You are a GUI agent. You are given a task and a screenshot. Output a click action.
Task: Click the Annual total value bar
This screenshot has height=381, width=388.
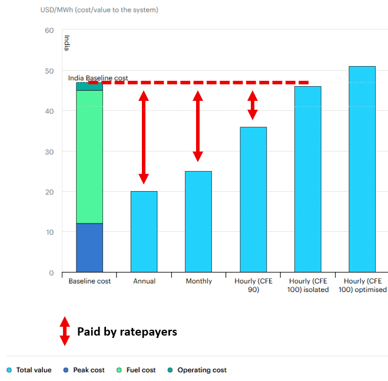(x=144, y=231)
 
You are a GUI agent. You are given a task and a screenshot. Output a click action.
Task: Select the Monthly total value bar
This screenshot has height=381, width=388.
(x=198, y=222)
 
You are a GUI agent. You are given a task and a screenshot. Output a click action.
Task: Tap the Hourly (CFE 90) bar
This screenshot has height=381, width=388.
(x=253, y=199)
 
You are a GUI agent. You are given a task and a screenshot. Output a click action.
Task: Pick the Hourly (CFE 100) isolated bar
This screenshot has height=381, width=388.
(x=308, y=179)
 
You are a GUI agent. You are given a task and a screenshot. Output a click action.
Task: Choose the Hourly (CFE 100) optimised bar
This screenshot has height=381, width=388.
(x=362, y=169)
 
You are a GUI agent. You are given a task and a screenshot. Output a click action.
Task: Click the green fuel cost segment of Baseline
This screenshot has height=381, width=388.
(x=89, y=156)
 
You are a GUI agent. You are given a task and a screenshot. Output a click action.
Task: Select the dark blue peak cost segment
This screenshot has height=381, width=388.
(x=89, y=248)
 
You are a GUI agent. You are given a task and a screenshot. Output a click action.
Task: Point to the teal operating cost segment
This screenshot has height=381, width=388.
(x=89, y=87)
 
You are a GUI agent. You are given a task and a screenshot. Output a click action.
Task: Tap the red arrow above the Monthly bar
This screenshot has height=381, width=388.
(x=198, y=126)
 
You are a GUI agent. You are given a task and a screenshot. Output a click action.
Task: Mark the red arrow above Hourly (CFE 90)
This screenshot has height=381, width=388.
(x=253, y=106)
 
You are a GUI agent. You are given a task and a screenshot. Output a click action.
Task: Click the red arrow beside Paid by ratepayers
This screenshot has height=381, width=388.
(x=64, y=331)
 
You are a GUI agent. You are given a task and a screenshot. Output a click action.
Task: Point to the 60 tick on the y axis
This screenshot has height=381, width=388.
(x=49, y=31)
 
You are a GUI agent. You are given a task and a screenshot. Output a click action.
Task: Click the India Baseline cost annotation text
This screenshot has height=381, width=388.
(x=98, y=78)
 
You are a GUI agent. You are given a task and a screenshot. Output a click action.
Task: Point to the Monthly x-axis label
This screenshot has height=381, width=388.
(x=198, y=281)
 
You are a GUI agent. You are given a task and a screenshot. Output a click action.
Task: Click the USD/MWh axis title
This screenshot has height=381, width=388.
(x=99, y=10)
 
